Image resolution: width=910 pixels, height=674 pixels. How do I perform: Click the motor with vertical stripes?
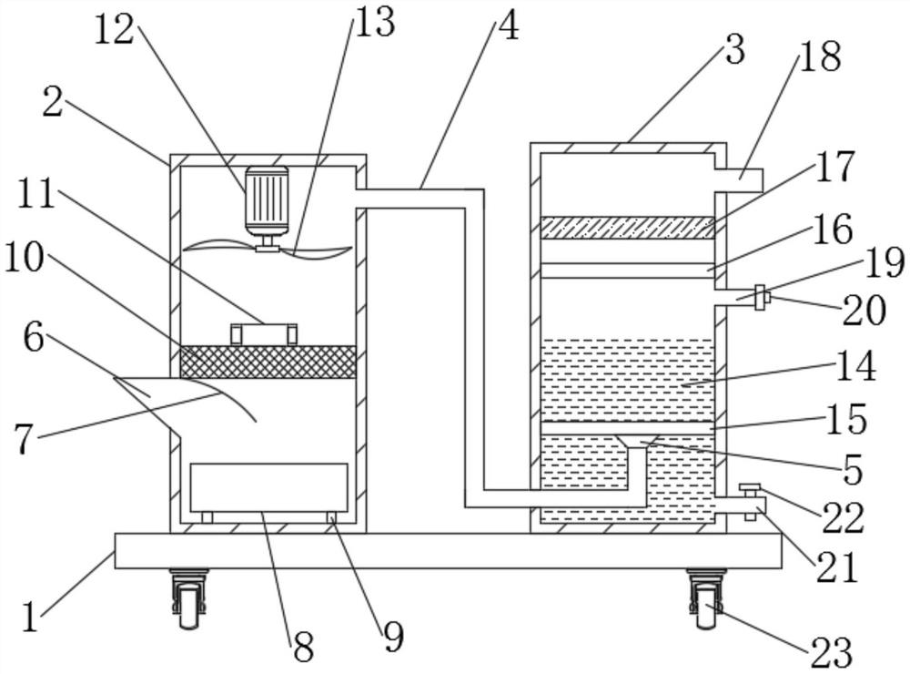267,200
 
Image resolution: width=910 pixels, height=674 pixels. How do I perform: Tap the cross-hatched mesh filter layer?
268,362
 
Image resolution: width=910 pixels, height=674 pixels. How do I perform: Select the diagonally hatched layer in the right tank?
627,227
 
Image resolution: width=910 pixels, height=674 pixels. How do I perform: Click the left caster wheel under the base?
188,599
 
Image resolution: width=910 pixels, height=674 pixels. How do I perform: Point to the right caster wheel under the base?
704,599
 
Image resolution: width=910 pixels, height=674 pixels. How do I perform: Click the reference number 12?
115,30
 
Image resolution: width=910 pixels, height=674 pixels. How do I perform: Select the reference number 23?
831,652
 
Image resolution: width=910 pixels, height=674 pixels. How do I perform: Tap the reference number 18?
820,57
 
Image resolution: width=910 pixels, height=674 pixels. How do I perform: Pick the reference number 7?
23,440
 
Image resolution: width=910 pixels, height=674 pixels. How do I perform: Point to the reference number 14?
855,367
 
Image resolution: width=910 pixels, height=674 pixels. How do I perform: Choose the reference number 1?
30,617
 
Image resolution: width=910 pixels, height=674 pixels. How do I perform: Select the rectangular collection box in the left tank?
268,488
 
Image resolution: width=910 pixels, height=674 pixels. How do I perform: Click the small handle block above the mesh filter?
264,334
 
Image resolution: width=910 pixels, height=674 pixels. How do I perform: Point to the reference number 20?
864,311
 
